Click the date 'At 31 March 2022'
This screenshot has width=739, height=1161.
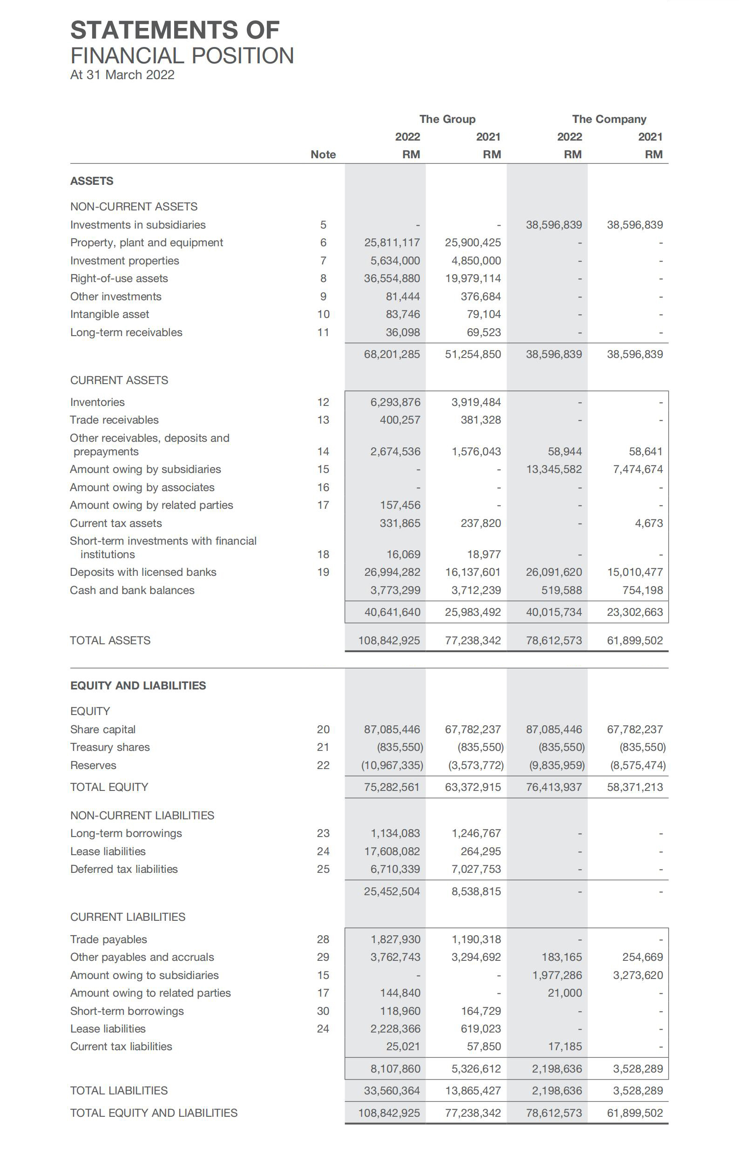122,75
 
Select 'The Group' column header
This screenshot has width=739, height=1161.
447,119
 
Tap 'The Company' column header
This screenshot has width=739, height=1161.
609,119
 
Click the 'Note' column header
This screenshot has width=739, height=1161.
323,155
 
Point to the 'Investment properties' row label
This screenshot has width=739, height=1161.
124,261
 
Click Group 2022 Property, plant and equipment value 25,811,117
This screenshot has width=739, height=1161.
392,243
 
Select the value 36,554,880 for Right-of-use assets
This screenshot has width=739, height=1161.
392,279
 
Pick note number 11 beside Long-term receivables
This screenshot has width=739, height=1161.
323,333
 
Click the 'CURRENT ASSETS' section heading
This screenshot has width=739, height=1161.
119,380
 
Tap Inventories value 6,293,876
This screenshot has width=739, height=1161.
395,402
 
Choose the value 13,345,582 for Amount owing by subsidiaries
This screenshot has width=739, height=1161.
554,469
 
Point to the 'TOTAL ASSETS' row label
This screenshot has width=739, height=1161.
110,640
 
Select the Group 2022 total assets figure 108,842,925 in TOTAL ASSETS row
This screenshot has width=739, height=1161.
389,640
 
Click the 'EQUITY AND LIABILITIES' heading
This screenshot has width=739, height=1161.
138,686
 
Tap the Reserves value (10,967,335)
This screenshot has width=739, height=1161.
392,765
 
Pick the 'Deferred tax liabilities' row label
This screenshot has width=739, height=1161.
124,869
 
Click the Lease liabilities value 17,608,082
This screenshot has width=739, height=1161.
392,851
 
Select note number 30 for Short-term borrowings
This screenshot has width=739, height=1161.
323,1011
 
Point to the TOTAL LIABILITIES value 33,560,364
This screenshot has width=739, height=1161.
392,1091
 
